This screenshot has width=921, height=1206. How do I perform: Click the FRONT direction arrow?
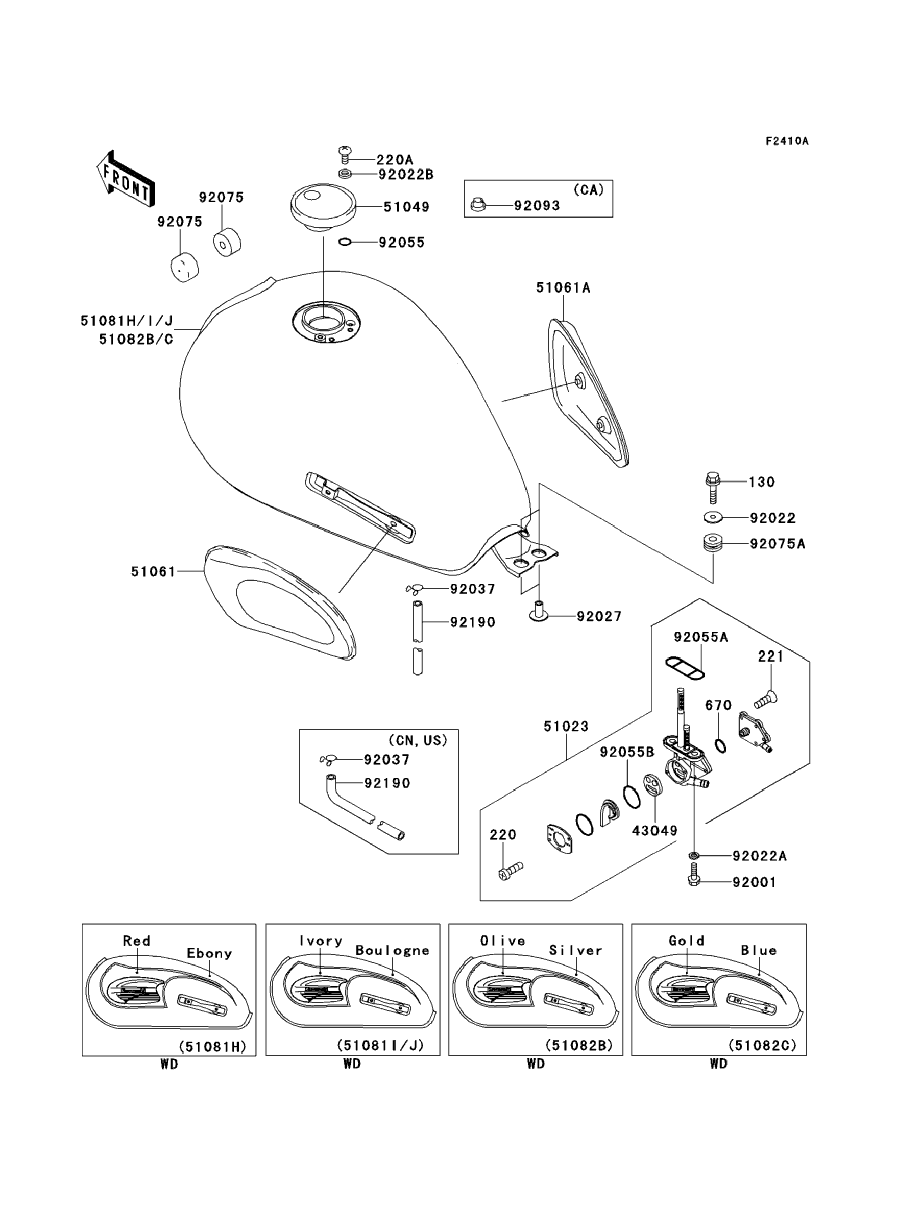tap(126, 180)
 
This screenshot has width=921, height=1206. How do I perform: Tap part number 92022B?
tap(406, 174)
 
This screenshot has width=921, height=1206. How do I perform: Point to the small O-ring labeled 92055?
tap(345, 242)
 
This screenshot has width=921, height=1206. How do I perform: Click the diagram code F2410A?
tap(787, 141)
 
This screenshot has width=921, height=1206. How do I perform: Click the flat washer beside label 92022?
tap(712, 517)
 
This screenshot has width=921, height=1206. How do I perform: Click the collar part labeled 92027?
tap(538, 612)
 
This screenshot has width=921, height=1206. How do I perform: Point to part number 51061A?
tap(563, 287)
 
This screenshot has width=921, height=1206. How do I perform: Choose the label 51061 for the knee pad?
tap(153, 572)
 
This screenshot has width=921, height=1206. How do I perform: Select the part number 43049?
tap(655, 831)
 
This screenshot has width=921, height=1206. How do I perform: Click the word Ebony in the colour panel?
tap(209, 953)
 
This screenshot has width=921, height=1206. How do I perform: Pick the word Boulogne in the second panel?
tap(392, 951)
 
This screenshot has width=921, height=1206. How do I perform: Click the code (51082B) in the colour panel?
tap(578, 1045)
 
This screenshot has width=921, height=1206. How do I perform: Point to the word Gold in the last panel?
tap(686, 940)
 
